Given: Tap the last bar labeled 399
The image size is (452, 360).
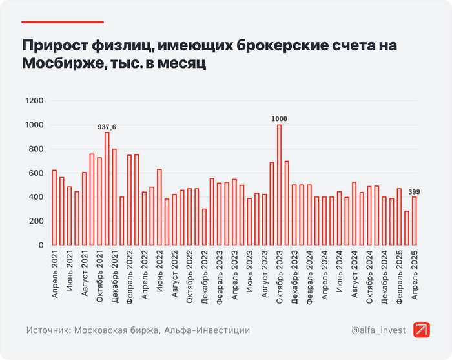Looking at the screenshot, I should (x=415, y=221).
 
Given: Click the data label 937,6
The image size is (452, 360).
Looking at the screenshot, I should (x=107, y=127).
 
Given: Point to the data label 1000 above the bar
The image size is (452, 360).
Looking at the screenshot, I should (x=279, y=119).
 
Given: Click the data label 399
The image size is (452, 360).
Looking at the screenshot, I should (x=415, y=191).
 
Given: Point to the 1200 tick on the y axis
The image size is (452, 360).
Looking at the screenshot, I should (x=34, y=101).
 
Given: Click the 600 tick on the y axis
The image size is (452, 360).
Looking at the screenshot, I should (x=37, y=173).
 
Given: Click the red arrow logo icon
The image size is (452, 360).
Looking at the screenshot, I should (x=422, y=330).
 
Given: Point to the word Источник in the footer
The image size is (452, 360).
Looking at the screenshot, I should (x=48, y=330).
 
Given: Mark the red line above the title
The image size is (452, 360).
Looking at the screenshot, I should (x=54, y=21).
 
